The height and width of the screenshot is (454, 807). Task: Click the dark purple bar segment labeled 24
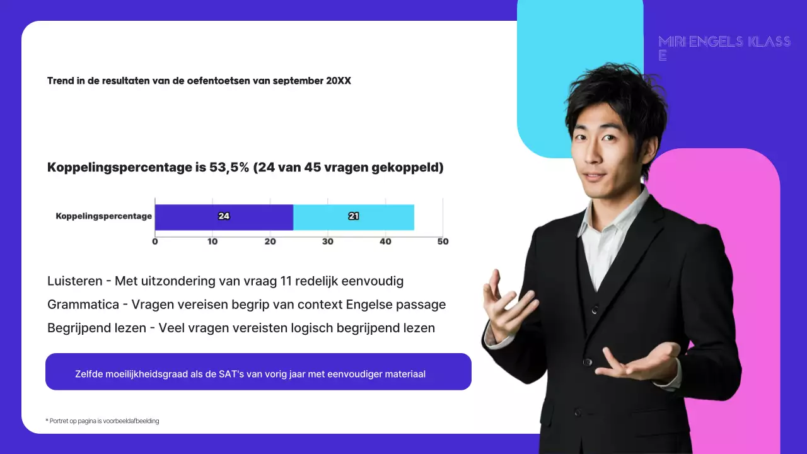[x=224, y=217]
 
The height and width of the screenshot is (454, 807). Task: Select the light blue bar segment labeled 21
[x=354, y=217]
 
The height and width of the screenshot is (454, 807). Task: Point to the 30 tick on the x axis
[x=328, y=242]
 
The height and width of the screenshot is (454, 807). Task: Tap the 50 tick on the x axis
[x=443, y=242]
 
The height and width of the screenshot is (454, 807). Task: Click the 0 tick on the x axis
[x=155, y=242]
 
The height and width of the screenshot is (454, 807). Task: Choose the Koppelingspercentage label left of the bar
[x=104, y=216]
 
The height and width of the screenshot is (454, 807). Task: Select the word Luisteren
[x=75, y=281]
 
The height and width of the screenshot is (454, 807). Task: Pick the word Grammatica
[x=83, y=305]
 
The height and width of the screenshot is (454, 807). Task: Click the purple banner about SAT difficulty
[x=258, y=372]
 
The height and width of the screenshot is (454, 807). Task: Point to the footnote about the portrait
[x=102, y=421]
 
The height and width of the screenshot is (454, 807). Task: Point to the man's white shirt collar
[x=608, y=218]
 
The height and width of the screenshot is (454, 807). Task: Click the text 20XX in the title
[x=338, y=81]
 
